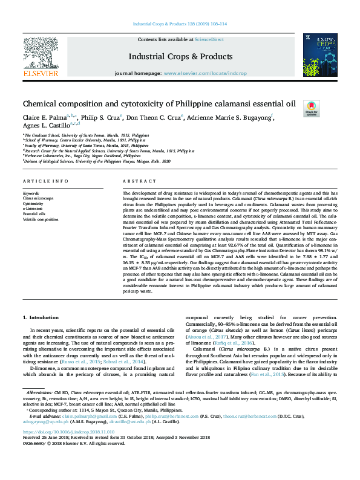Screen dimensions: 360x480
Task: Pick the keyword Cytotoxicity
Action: (33, 204)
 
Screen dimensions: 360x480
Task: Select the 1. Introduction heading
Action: (41, 317)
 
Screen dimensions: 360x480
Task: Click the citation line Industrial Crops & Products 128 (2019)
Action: (180, 24)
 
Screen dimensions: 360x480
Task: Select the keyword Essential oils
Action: (34, 214)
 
